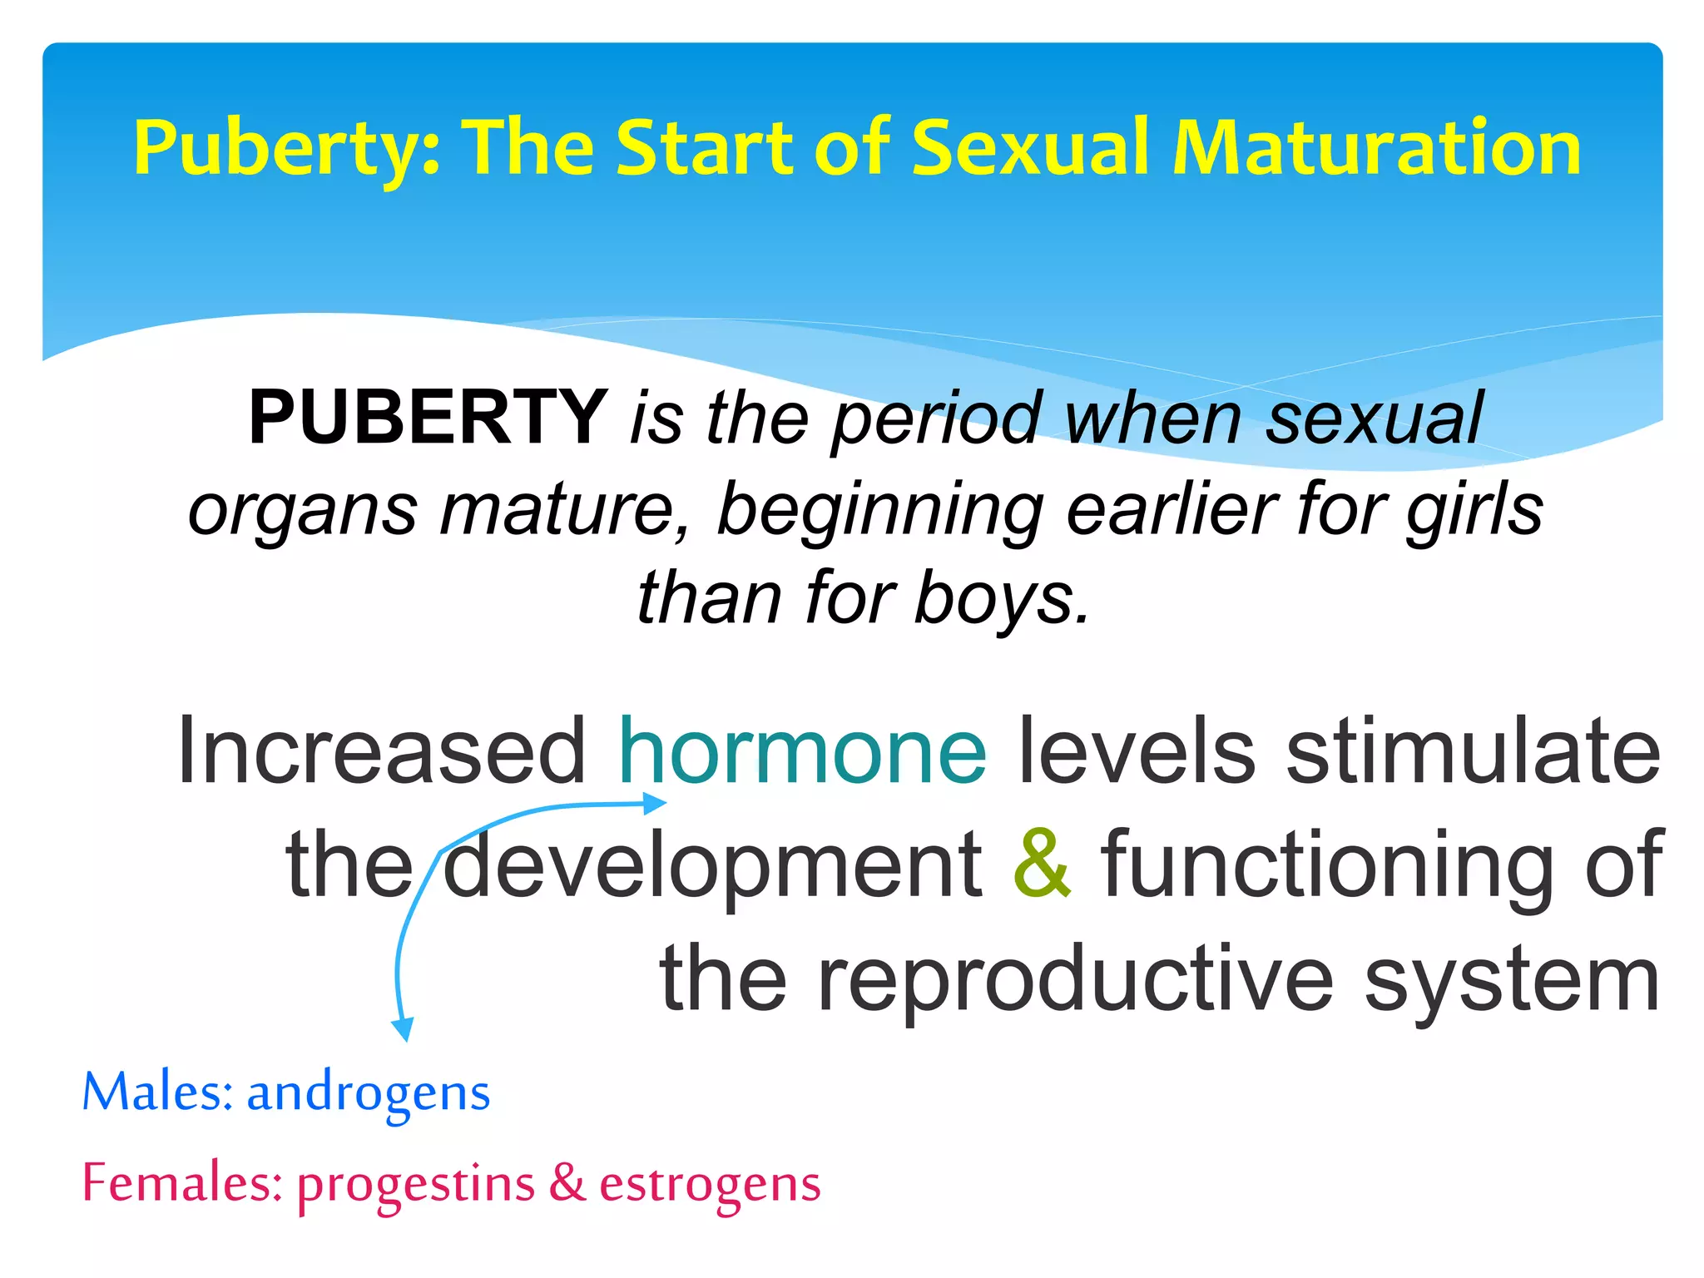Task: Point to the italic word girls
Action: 1474,509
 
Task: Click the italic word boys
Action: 1002,599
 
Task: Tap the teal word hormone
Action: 803,751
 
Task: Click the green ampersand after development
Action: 1043,864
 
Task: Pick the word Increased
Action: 382,751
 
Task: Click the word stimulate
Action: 1474,751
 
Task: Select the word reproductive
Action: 1076,980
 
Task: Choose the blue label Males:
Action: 157,1092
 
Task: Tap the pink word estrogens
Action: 710,1184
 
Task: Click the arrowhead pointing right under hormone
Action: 656,803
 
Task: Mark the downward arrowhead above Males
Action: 404,1029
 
